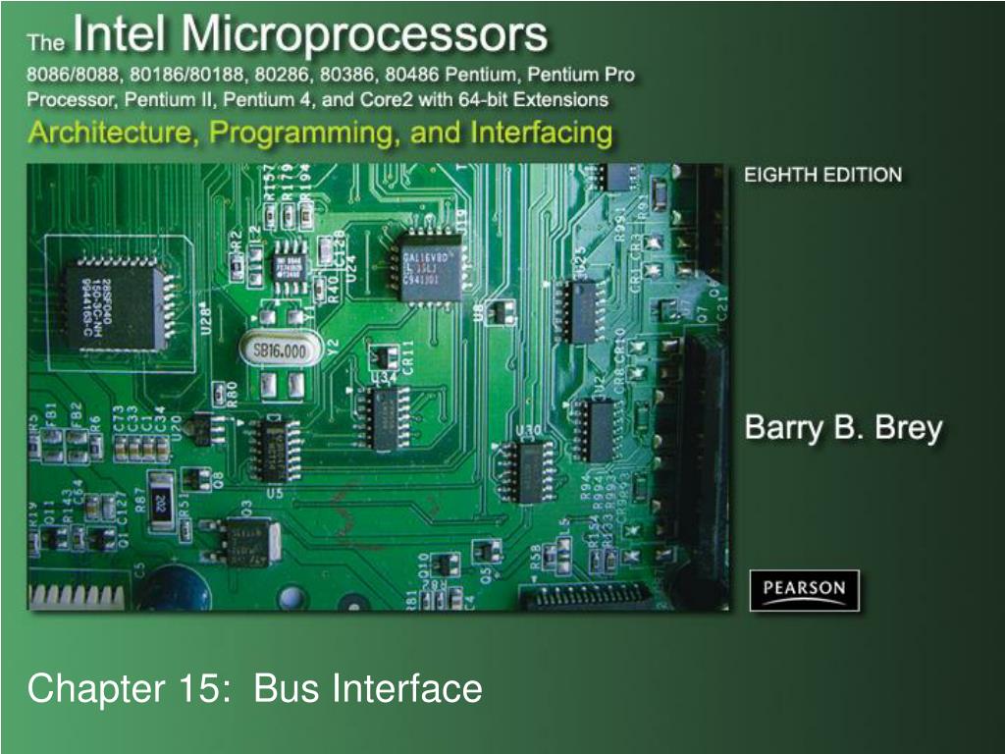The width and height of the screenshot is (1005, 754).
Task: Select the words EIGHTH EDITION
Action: pyautogui.click(x=822, y=176)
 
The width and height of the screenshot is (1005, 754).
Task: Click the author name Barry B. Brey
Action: pyautogui.click(x=843, y=429)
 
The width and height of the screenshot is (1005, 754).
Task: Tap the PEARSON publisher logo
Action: pyautogui.click(x=804, y=589)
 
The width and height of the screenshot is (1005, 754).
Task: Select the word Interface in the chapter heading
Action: pyautogui.click(x=407, y=688)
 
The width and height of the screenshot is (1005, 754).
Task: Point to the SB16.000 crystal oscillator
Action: pyautogui.click(x=281, y=350)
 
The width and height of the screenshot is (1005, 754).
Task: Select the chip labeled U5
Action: pyautogui.click(x=273, y=450)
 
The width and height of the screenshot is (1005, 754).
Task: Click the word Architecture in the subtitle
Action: pyautogui.click(x=108, y=133)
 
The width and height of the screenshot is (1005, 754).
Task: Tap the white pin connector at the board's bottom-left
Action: pyautogui.click(x=79, y=594)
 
